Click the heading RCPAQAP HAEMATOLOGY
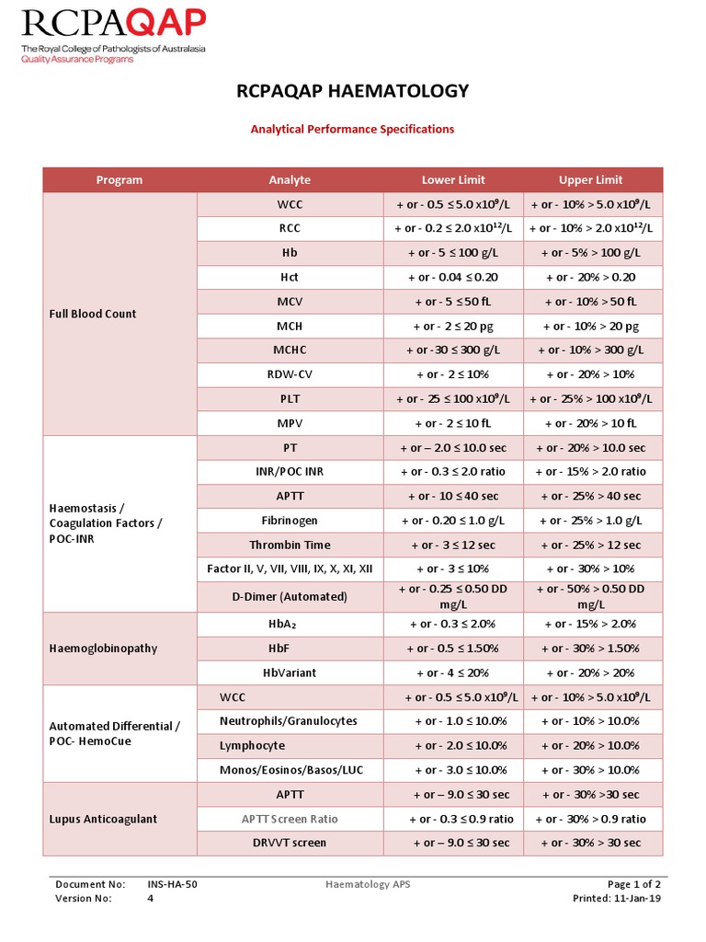click(x=352, y=90)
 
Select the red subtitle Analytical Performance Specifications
click(x=352, y=130)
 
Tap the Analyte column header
click(x=290, y=180)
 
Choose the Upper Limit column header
click(x=590, y=180)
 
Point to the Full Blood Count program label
click(x=92, y=314)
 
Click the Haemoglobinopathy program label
click(x=102, y=649)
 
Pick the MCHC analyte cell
click(x=290, y=350)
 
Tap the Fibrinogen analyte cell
click(x=290, y=521)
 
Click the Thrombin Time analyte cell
click(x=290, y=545)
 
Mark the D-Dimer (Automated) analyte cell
click(x=290, y=596)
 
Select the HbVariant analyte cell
click(x=290, y=672)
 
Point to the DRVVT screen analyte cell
click(x=290, y=843)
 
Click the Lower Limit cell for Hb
click(x=453, y=252)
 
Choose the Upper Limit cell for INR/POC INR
click(x=590, y=472)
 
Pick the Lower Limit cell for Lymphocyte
click(x=453, y=746)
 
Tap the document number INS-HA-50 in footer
click(x=172, y=884)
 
